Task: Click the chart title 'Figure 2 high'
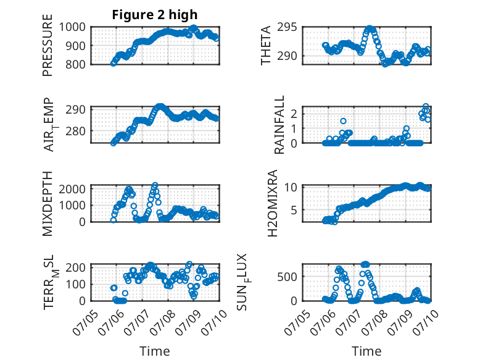tap(155, 15)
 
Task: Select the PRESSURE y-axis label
tap(48, 45)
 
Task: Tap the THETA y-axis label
tap(266, 45)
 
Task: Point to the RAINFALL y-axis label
tap(279, 125)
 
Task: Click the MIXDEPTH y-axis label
tap(48, 204)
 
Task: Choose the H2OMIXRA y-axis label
tap(272, 203)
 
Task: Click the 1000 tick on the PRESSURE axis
tap(72, 27)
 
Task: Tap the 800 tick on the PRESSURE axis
tap(75, 64)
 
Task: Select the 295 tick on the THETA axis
tap(287, 27)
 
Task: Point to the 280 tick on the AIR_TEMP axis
tap(75, 131)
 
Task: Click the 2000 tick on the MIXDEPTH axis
tap(72, 189)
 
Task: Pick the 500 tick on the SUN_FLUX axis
tap(287, 277)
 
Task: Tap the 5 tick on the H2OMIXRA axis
tap(294, 210)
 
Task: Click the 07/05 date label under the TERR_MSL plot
tap(85, 322)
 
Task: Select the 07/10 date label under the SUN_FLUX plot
tap(426, 322)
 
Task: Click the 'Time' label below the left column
tap(155, 351)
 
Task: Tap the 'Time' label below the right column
tap(366, 351)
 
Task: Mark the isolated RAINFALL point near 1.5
tap(343, 121)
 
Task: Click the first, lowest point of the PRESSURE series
tap(114, 63)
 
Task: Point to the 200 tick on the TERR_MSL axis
tap(75, 267)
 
